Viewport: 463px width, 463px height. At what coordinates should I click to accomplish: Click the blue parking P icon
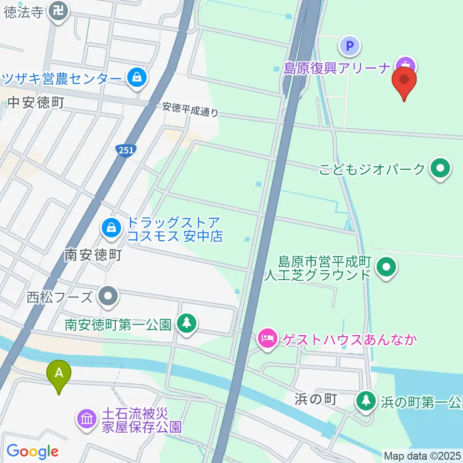point(350,47)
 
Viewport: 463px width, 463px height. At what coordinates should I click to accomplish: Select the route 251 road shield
point(126,150)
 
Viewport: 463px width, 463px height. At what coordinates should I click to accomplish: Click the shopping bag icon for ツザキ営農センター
point(137,77)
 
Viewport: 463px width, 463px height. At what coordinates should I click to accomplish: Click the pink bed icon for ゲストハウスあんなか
point(266,338)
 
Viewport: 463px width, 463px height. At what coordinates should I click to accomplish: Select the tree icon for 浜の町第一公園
point(366,400)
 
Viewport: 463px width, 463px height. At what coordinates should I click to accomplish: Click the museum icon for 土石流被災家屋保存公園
point(87,418)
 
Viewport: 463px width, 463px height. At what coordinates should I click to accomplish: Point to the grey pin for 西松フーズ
point(108,296)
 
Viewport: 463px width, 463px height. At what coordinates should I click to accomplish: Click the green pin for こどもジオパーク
point(440,168)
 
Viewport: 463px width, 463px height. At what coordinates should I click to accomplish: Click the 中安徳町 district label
point(36,102)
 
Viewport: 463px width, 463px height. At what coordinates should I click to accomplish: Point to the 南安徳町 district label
point(93,255)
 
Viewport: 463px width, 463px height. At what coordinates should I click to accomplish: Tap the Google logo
point(32,451)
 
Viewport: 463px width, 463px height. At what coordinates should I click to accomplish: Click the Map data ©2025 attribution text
point(422,455)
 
